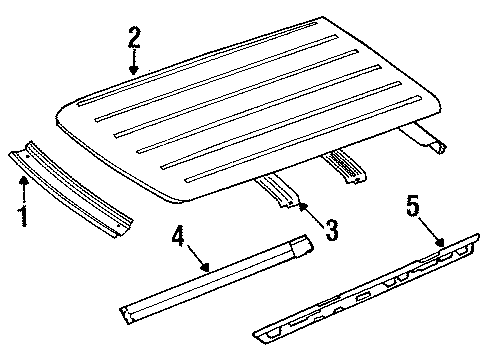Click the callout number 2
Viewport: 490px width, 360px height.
coord(133,39)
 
